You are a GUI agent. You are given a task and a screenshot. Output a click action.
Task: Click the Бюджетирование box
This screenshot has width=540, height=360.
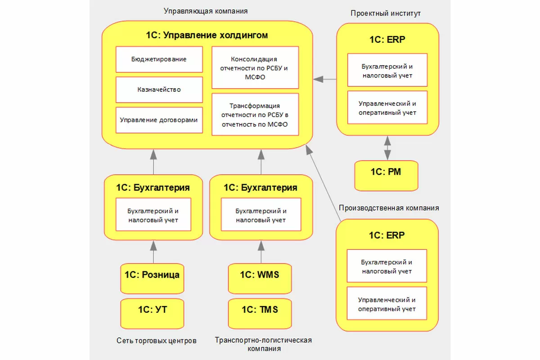point(159,59)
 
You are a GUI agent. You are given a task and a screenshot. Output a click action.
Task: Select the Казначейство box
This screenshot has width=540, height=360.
point(159,90)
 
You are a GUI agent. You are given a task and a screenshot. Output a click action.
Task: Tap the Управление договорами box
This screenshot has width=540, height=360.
point(159,120)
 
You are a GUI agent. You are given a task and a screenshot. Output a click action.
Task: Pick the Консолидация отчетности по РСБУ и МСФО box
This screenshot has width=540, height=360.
point(255,67)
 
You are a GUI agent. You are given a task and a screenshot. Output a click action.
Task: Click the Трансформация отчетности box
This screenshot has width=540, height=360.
point(255,115)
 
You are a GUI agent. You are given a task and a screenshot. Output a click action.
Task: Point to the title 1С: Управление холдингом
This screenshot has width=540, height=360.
point(207,35)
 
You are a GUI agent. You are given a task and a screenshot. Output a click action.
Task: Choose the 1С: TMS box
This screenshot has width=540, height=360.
point(260,309)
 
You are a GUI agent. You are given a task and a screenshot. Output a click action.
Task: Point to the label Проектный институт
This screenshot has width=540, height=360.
point(386,13)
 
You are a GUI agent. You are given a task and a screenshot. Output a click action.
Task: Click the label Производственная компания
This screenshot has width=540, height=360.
point(389,208)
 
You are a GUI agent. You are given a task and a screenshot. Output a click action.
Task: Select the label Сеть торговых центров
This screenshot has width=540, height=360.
point(157,341)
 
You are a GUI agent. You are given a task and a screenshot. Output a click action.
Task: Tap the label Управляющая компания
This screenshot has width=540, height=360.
point(206,10)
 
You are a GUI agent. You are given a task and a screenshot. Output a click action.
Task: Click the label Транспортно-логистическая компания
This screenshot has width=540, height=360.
point(263,344)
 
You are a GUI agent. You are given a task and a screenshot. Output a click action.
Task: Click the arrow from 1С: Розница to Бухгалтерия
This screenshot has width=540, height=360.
point(153,252)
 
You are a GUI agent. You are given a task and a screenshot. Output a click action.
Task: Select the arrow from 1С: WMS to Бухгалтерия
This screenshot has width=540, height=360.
point(261,252)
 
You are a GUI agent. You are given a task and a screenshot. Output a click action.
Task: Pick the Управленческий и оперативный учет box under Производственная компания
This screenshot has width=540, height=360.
point(387,304)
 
